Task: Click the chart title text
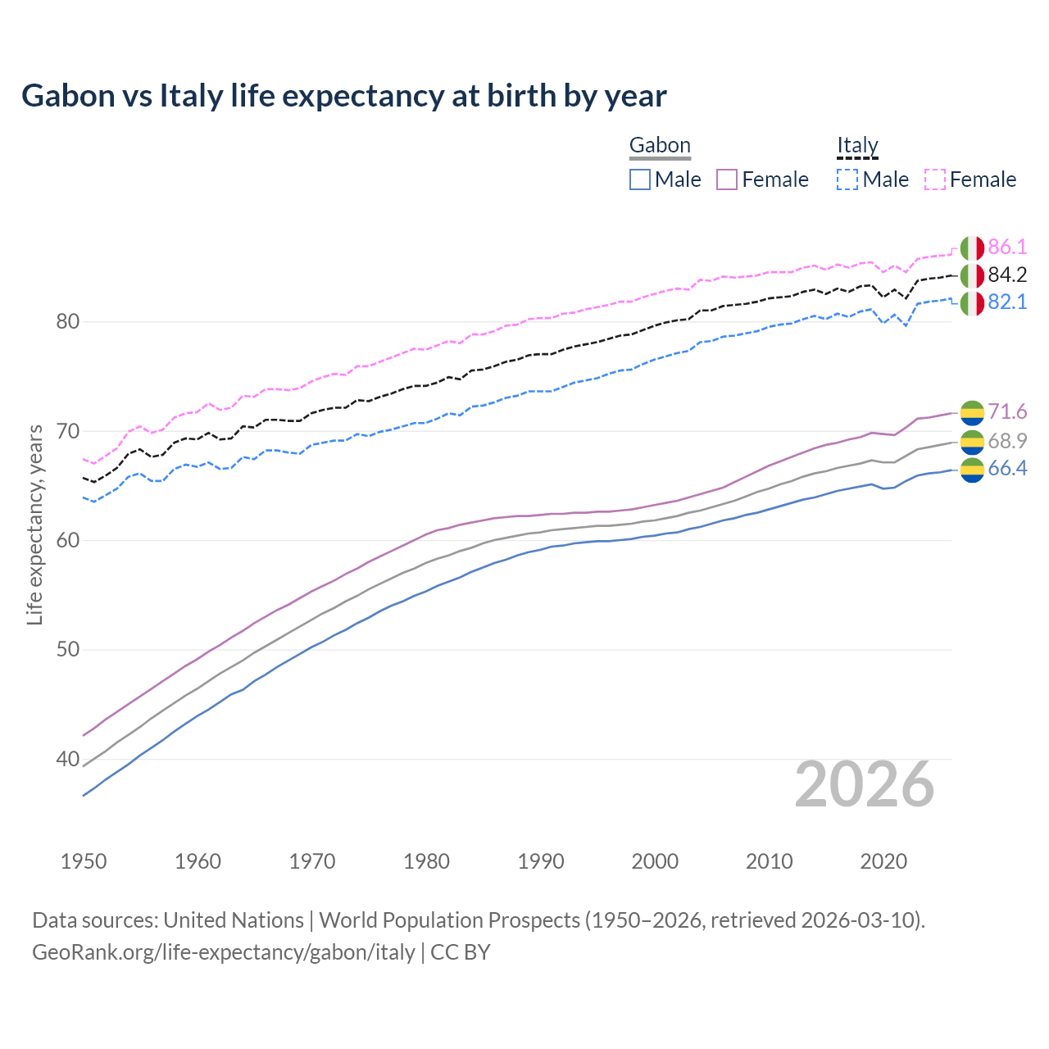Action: click(x=344, y=96)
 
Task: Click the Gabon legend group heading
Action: click(x=660, y=146)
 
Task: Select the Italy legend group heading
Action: click(x=857, y=146)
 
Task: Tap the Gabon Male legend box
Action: click(x=640, y=179)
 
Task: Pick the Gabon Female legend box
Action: click(x=727, y=179)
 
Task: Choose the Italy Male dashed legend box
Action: click(x=847, y=179)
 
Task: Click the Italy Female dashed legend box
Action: click(x=935, y=179)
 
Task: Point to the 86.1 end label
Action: click(x=1007, y=247)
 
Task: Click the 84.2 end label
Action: click(x=1007, y=275)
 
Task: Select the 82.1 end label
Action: click(x=1007, y=302)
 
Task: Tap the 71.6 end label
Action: click(x=1007, y=411)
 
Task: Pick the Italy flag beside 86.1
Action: click(x=972, y=248)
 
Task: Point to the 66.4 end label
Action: click(x=1007, y=469)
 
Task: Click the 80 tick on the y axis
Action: click(x=67, y=322)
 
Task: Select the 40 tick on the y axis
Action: click(x=67, y=760)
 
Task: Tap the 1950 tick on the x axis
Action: click(x=84, y=861)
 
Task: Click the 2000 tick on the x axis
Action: click(x=655, y=861)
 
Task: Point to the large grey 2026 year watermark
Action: click(x=864, y=785)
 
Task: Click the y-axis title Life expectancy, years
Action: click(x=34, y=524)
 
